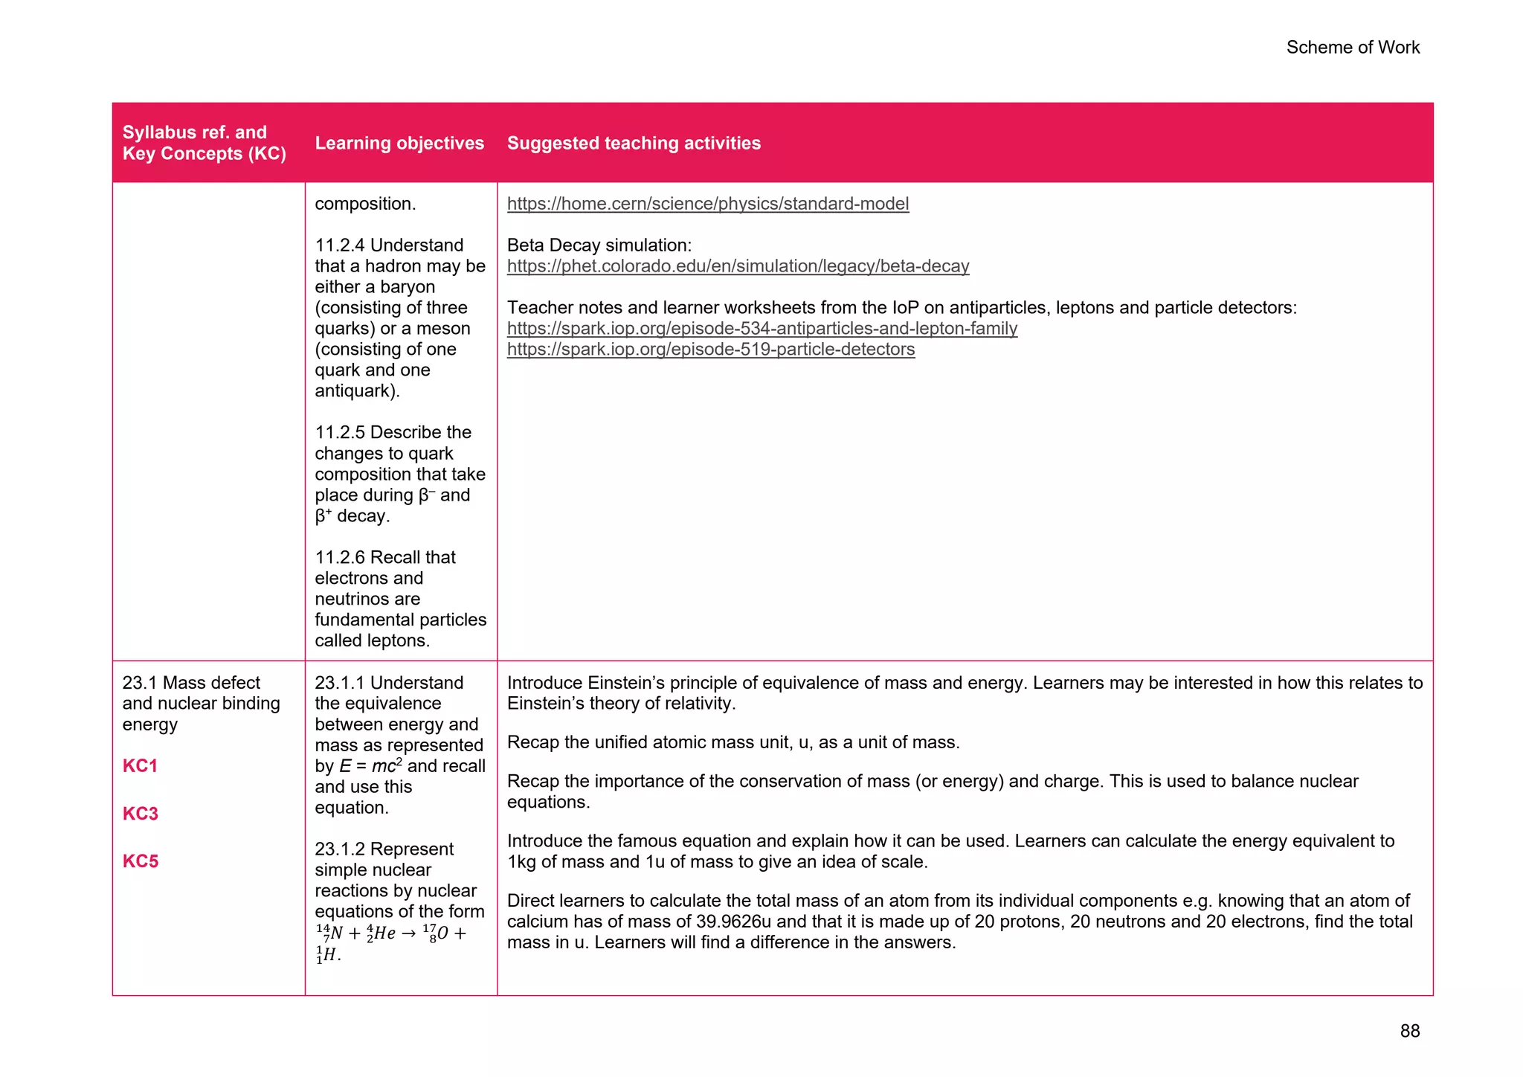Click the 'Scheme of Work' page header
tap(1352, 48)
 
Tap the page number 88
tap(1409, 1031)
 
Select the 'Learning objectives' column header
tap(399, 143)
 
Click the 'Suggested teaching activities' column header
tap(634, 143)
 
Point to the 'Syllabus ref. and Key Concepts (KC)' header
tap(204, 143)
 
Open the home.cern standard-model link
tap(707, 204)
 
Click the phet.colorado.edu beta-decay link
tap(738, 266)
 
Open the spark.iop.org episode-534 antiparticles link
tap(761, 329)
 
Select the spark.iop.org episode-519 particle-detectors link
tap(710, 350)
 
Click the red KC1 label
tap(140, 766)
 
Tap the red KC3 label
tap(140, 814)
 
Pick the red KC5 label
tap(140, 861)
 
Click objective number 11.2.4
tap(339, 245)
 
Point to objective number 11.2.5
tap(339, 433)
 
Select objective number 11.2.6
tap(339, 558)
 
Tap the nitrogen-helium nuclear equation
tap(390, 934)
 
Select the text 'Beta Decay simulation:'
tap(599, 245)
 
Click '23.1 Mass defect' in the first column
tap(191, 683)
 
